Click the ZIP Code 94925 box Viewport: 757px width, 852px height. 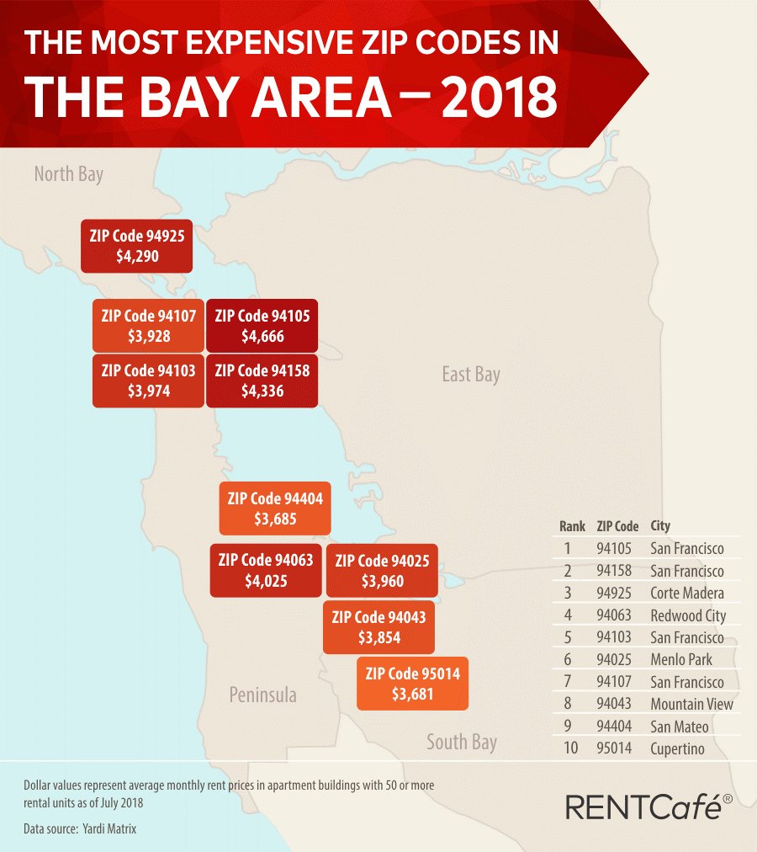click(x=136, y=245)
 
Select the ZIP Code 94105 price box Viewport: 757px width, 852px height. click(x=262, y=326)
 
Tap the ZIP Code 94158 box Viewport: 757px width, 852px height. click(x=262, y=381)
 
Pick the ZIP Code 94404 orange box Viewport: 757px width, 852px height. click(x=274, y=509)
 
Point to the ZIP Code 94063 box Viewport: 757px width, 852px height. click(x=265, y=570)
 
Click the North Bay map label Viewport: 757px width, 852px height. click(x=69, y=174)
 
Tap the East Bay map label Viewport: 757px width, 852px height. click(x=471, y=374)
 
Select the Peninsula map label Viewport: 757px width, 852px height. click(x=263, y=695)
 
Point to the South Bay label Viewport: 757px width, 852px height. click(x=462, y=742)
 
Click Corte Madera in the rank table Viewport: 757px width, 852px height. click(x=687, y=593)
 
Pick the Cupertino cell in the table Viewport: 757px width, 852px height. click(x=677, y=748)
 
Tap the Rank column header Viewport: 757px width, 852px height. click(x=572, y=526)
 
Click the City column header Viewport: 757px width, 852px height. click(x=660, y=526)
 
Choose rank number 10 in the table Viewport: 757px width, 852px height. click(x=572, y=748)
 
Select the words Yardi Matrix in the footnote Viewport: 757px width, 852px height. click(x=109, y=828)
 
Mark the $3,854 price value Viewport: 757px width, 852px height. click(x=378, y=638)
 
